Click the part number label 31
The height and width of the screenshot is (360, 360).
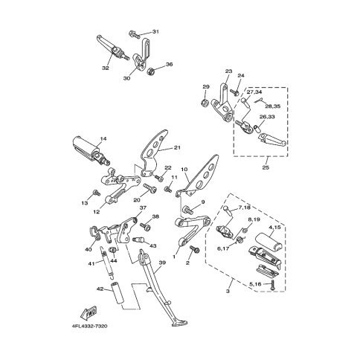[x=155, y=32]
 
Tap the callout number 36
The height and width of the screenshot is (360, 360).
[x=169, y=65]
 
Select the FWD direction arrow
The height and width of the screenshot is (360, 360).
[x=89, y=313]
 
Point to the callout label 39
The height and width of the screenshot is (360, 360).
[x=162, y=263]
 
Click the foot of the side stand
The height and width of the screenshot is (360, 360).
[x=179, y=323]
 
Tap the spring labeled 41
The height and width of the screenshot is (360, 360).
[x=107, y=262]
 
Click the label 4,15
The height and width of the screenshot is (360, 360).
[x=274, y=227]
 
